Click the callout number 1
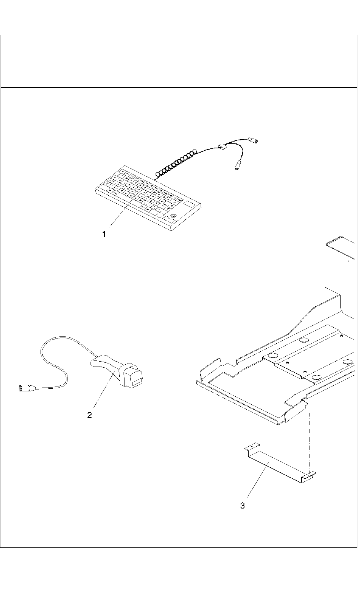104,235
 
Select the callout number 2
89,415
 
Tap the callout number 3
243,506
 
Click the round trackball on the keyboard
174,216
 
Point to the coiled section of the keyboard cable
175,163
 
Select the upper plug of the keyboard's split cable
253,140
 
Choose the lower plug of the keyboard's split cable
237,166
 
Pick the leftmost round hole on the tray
272,356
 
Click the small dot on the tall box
348,262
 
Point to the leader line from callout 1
121,212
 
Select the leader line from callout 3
259,480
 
